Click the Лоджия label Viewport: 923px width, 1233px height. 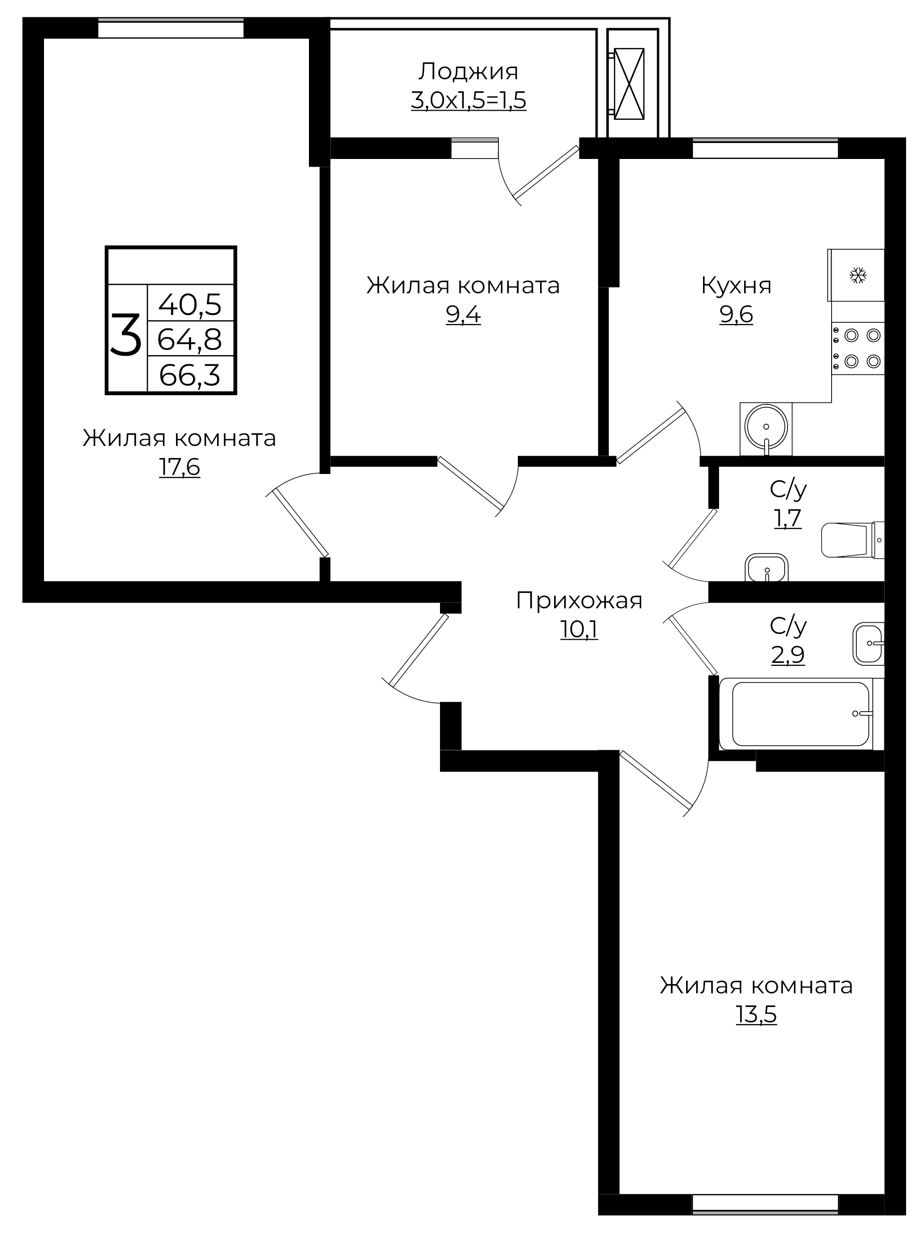click(x=469, y=72)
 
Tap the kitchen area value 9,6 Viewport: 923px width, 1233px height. click(x=736, y=315)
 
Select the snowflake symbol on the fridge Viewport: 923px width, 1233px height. click(x=858, y=275)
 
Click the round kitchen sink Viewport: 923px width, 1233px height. click(x=766, y=427)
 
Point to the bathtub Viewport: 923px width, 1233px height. click(x=801, y=714)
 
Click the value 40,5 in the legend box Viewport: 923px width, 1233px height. click(x=190, y=304)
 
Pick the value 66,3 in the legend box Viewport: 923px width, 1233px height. click(x=190, y=375)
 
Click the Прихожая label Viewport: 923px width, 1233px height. click(x=579, y=601)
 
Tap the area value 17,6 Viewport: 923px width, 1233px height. click(x=179, y=467)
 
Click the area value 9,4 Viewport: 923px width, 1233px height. click(x=463, y=315)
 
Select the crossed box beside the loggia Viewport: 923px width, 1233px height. click(x=629, y=84)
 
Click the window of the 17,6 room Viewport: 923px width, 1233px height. click(x=171, y=28)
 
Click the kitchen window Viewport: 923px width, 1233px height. click(x=765, y=148)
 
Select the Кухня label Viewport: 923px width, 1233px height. click(x=736, y=286)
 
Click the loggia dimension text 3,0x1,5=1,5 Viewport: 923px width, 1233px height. click(x=469, y=101)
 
